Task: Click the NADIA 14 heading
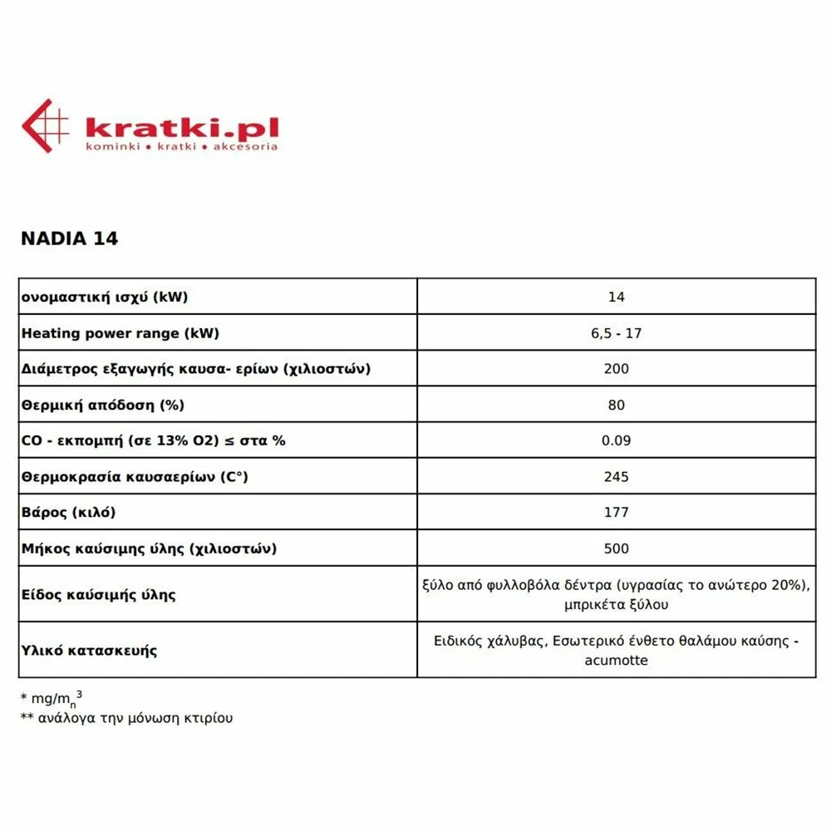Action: (69, 238)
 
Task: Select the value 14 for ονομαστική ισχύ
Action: (616, 297)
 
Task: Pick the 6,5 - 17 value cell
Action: (616, 333)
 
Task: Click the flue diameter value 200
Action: (616, 369)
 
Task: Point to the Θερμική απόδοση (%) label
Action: (102, 405)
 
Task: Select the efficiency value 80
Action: (616, 405)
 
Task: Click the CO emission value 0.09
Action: (616, 440)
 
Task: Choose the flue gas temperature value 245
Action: (616, 476)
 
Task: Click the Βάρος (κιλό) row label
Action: (68, 512)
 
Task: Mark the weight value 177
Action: (616, 512)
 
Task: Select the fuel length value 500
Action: (616, 548)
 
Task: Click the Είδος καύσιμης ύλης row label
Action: (98, 594)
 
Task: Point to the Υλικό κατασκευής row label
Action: (89, 650)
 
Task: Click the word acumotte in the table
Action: (616, 661)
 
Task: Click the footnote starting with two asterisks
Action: (126, 718)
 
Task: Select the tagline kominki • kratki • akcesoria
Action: (181, 146)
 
